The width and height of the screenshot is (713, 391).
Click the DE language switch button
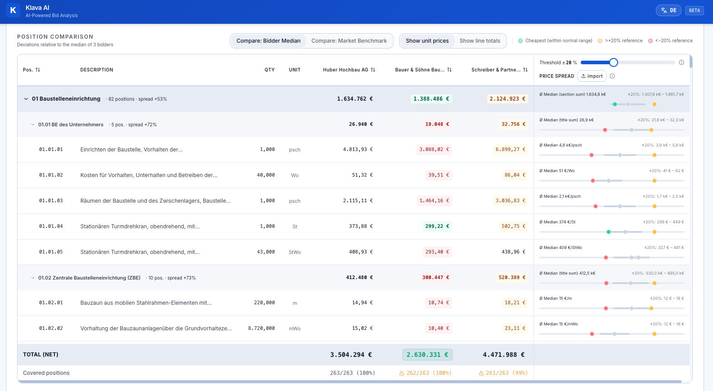point(668,10)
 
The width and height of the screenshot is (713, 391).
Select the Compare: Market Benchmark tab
point(349,41)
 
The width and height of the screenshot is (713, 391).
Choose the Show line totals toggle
point(480,41)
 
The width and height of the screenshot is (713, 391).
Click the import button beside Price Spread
point(592,76)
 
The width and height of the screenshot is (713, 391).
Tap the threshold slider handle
point(614,62)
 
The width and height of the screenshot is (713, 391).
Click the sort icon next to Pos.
point(38,70)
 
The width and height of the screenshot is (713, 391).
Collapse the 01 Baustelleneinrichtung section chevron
point(26,99)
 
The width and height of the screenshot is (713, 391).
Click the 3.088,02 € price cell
point(434,149)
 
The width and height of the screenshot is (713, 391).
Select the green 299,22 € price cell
point(437,227)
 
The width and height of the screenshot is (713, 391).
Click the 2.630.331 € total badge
point(427,355)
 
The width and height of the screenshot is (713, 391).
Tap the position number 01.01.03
point(51,200)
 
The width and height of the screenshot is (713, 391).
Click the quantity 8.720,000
point(261,328)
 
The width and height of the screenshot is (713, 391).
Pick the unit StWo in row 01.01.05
point(295,252)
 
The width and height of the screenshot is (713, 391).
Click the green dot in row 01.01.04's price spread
point(609,232)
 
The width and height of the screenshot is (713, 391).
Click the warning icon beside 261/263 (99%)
point(481,373)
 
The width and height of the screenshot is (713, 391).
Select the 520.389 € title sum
point(512,277)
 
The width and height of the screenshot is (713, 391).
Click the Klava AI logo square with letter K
point(13,10)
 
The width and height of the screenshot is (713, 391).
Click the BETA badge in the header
point(694,10)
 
